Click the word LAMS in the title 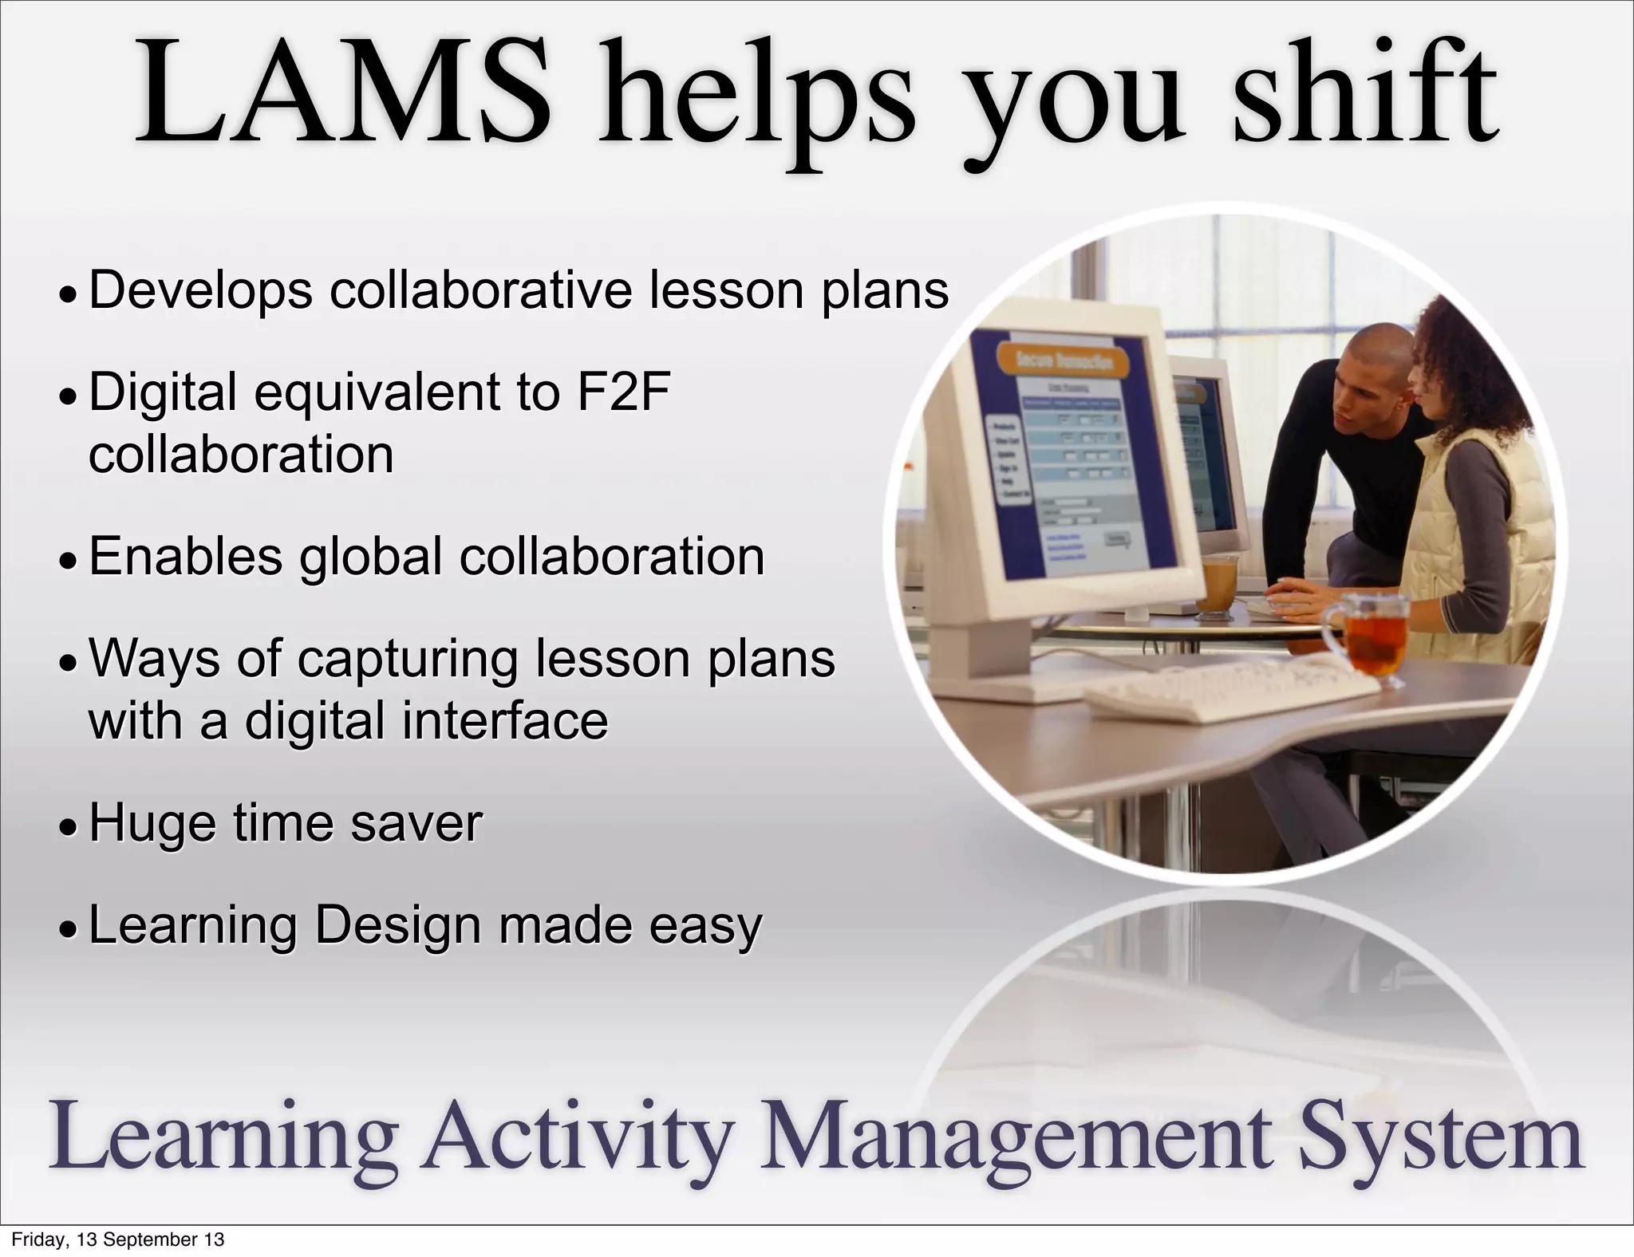coord(343,94)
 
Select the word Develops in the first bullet coord(200,290)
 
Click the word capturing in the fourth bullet coord(407,659)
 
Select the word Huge coord(152,823)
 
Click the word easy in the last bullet coord(705,926)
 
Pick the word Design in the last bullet coord(397,926)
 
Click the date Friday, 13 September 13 coord(117,1240)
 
